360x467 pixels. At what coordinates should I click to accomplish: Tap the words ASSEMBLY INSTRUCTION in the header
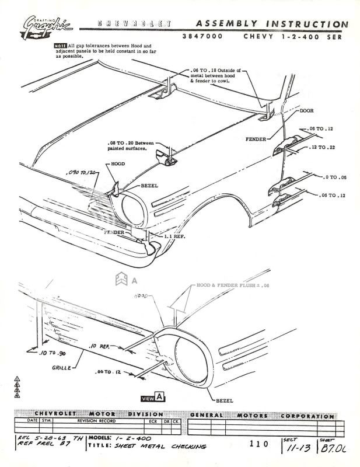(271, 24)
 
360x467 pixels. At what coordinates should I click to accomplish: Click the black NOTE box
(60, 46)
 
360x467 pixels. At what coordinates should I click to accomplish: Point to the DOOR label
(307, 110)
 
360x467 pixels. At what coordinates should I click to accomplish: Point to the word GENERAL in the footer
(206, 415)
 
